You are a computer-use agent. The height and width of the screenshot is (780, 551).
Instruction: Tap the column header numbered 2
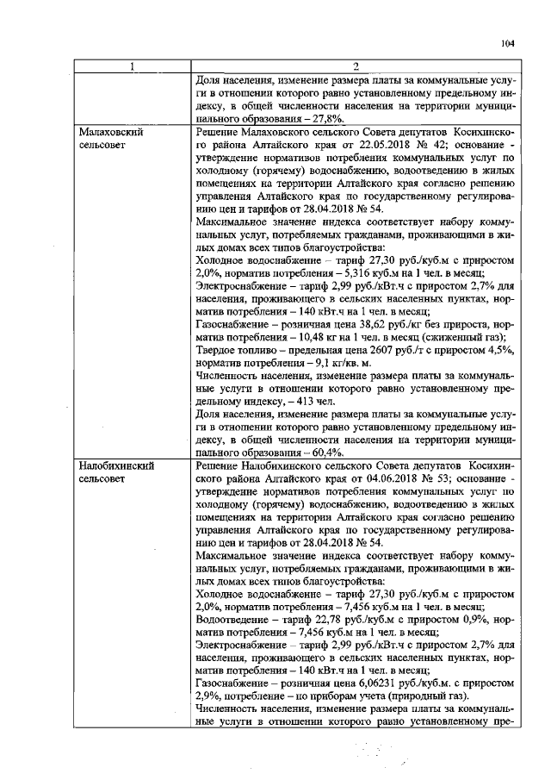pyautogui.click(x=355, y=67)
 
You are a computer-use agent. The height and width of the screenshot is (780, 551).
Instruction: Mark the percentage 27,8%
pyautogui.click(x=326, y=117)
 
